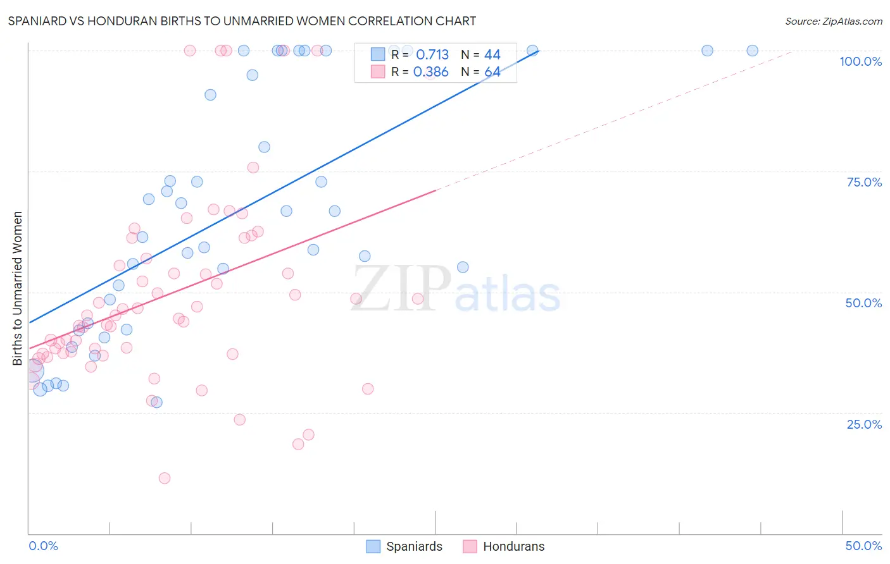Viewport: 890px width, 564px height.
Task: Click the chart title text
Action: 242,21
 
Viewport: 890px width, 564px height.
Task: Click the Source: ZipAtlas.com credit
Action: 833,21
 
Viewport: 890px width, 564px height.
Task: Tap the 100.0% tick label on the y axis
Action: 860,61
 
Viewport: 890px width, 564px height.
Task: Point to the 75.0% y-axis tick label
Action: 864,182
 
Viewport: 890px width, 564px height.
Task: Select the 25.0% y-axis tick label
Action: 864,424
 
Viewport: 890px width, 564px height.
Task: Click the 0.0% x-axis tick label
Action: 43,546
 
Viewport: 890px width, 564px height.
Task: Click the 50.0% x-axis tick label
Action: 863,546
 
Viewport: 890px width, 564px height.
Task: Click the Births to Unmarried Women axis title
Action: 17,288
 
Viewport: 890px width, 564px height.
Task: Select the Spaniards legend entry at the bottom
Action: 404,546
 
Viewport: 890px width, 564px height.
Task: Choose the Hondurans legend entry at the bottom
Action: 504,546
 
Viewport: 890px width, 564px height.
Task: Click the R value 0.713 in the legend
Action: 432,55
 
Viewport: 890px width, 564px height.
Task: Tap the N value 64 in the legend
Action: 492,72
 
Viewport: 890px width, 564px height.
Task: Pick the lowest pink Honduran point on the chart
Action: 165,478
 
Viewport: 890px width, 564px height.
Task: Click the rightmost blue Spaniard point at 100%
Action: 752,51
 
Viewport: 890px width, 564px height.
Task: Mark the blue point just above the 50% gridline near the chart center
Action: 463,267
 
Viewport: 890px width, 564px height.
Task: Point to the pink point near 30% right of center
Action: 368,389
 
